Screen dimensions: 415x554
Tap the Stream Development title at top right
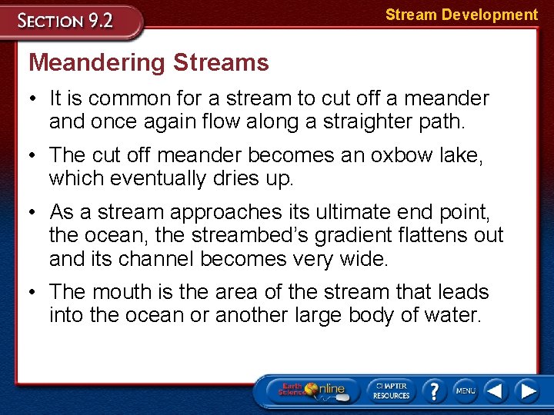pyautogui.click(x=461, y=15)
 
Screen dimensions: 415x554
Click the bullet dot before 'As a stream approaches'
pyautogui.click(x=35, y=211)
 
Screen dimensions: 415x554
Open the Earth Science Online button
pyautogui.click(x=312, y=390)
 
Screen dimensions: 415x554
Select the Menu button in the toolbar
pyautogui.click(x=466, y=390)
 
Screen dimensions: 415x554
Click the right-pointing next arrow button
pyautogui.click(x=527, y=390)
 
